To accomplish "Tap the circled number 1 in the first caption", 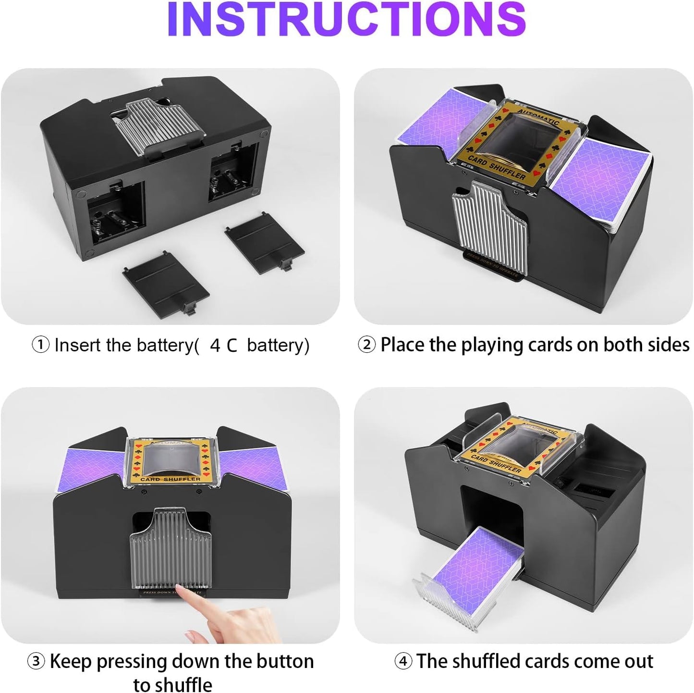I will coord(40,345).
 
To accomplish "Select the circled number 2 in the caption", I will coord(366,345).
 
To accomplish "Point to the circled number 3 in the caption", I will coord(36,662).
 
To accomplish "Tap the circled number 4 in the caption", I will coord(403,662).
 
